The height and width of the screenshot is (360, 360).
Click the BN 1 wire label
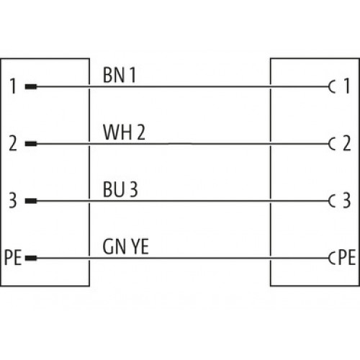click(120, 75)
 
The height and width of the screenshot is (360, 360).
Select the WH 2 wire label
click(124, 132)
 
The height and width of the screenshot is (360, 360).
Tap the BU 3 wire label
click(120, 189)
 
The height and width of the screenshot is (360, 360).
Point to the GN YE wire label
click(125, 246)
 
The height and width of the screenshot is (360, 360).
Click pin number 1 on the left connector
click(13, 86)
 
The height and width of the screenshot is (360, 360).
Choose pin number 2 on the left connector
click(13, 143)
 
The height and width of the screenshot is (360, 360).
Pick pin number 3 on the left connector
click(13, 200)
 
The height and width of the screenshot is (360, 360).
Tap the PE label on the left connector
click(13, 258)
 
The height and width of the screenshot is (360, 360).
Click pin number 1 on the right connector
click(346, 86)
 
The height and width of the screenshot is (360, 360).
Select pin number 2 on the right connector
click(346, 143)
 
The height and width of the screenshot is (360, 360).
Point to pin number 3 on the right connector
click(346, 200)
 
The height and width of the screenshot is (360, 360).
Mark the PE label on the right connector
click(347, 257)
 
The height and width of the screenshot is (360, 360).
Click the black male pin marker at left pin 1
click(31, 86)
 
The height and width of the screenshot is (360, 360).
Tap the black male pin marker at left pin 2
click(31, 144)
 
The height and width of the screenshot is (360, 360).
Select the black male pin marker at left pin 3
click(31, 201)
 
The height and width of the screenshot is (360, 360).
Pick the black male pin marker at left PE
click(31, 258)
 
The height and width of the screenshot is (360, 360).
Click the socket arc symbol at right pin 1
click(329, 86)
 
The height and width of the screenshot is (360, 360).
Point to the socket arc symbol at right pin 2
click(329, 144)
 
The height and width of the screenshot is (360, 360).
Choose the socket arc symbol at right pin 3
click(329, 201)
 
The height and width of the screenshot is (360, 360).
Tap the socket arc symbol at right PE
click(329, 258)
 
